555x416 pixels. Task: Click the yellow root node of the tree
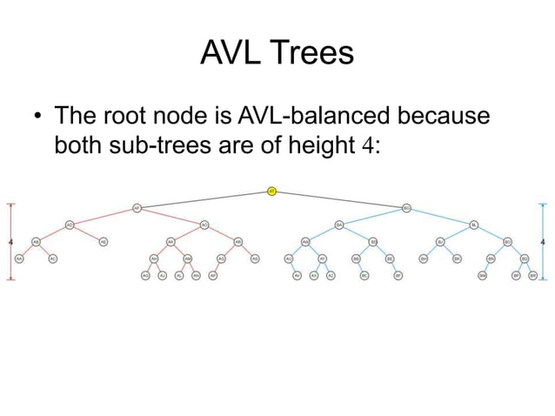point(271,191)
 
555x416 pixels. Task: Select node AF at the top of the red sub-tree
point(137,207)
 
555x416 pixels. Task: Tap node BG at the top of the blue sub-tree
point(406,207)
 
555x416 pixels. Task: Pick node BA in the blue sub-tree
point(338,225)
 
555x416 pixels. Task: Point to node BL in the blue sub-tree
point(474,225)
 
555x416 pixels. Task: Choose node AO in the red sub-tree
point(204,225)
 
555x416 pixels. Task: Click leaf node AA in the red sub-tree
point(19,258)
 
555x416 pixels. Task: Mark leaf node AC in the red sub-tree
point(52,258)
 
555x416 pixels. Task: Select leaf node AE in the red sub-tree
point(103,241)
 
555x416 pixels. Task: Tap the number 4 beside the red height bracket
point(9,241)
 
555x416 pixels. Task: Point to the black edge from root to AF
point(204,198)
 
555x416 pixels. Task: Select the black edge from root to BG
point(339,198)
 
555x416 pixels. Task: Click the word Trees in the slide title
point(313,54)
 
